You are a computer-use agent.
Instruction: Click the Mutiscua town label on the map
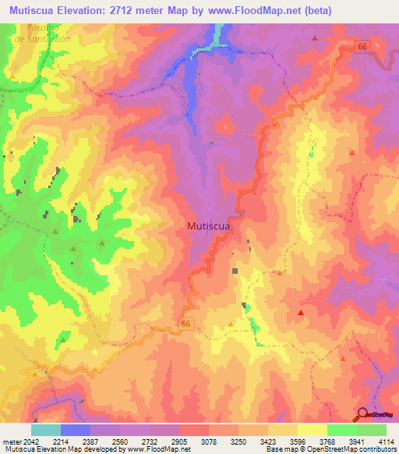coord(208,226)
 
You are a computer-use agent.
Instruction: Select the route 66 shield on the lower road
coord(185,323)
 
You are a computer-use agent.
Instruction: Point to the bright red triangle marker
coord(301,313)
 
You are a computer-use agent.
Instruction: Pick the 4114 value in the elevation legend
coord(386,442)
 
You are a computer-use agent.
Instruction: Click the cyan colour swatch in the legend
coord(46,430)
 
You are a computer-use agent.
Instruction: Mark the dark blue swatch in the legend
coord(76,430)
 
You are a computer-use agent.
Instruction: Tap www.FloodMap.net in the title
coord(253,11)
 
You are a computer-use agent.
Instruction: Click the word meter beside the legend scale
coord(11,442)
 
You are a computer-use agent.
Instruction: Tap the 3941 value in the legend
coord(356,442)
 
